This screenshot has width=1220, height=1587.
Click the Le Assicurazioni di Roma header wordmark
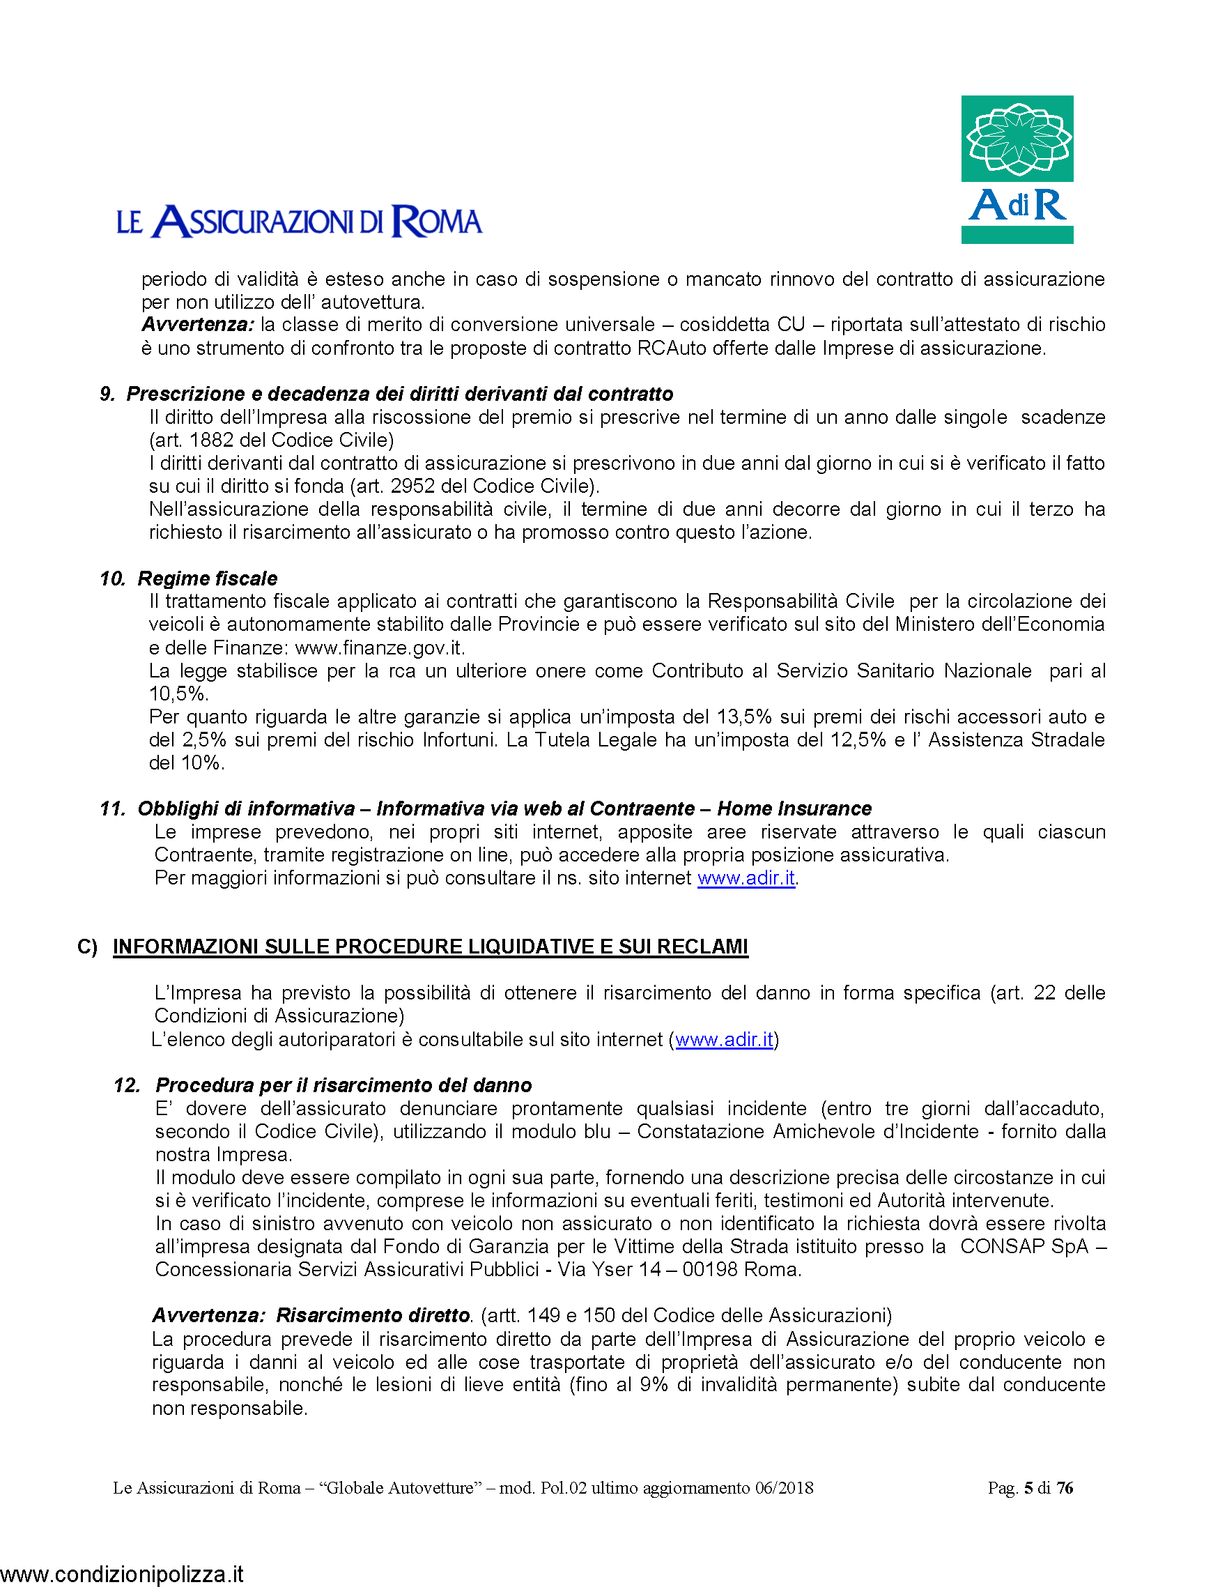[299, 222]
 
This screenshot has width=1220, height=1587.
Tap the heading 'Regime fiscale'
[208, 578]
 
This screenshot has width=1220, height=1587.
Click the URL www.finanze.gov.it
[378, 647]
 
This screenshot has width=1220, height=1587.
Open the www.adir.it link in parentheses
[724, 1039]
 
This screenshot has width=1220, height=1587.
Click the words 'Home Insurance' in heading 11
[794, 808]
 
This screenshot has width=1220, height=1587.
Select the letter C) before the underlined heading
[87, 946]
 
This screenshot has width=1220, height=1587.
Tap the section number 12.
[126, 1085]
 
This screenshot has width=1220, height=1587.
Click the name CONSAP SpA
[1024, 1246]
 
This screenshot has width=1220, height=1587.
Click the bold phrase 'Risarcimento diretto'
[373, 1315]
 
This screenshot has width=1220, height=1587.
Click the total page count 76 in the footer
[1065, 1487]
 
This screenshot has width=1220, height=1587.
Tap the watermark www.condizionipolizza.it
[122, 1574]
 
